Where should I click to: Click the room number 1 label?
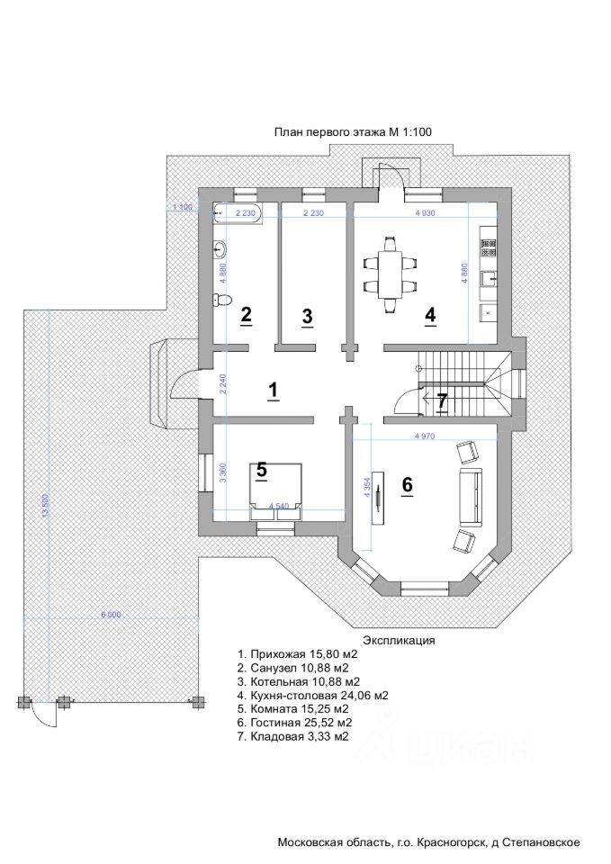click(274, 390)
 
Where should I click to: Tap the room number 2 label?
click(246, 316)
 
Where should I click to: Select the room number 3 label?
click(307, 317)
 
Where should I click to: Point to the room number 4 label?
click(430, 316)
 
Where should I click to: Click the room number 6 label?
click(407, 485)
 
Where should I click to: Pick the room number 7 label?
click(442, 401)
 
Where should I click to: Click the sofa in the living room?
click(469, 498)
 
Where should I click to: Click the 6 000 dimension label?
click(111, 615)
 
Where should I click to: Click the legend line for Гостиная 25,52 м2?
click(294, 722)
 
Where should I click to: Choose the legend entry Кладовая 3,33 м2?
click(292, 735)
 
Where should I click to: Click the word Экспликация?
click(399, 641)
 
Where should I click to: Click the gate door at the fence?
click(42, 715)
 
